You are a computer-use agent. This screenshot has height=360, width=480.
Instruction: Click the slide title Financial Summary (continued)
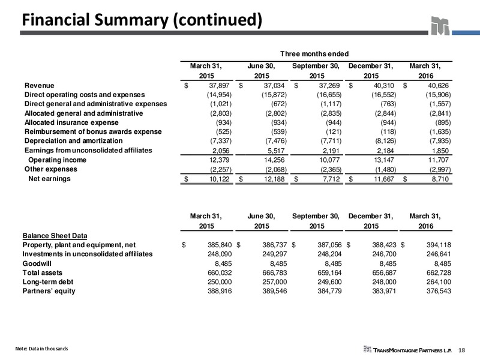coord(142,20)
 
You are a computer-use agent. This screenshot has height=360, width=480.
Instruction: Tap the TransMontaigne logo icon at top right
coord(440,26)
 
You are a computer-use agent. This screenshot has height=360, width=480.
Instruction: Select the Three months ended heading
coord(314,54)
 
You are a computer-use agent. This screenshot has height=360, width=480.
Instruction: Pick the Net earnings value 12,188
coord(274,179)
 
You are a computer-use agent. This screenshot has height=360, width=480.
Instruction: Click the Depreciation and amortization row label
coord(73,141)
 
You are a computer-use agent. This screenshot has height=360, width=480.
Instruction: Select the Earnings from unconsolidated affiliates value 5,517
coord(276,151)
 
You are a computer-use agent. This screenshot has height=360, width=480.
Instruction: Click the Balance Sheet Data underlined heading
coord(55,236)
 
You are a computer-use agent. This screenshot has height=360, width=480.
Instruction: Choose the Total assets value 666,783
coord(275,273)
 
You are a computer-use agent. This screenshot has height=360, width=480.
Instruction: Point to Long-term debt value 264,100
coord(439,282)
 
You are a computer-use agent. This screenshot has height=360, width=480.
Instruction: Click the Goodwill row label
coord(37,263)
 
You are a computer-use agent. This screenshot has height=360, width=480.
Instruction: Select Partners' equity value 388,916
coord(220,291)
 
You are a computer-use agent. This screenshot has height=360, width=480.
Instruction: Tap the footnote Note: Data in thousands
coord(41,349)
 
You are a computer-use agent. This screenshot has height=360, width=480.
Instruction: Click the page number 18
coord(462,350)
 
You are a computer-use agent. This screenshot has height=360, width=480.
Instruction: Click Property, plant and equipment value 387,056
coord(329,245)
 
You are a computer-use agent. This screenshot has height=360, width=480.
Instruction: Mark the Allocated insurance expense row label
coord(71,122)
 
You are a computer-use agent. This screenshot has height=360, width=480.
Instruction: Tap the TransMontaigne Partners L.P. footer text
coord(412,350)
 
